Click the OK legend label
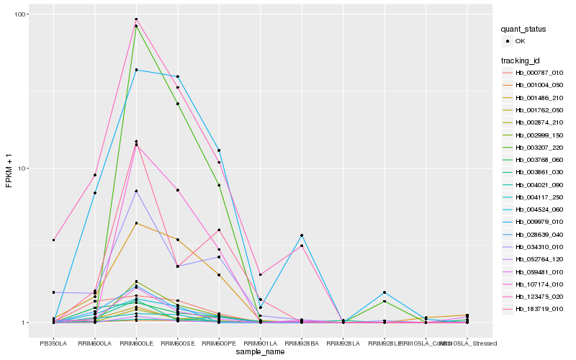(x=521, y=41)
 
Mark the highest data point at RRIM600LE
(x=136, y=19)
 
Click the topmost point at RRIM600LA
(x=95, y=175)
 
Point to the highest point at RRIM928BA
(x=302, y=235)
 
